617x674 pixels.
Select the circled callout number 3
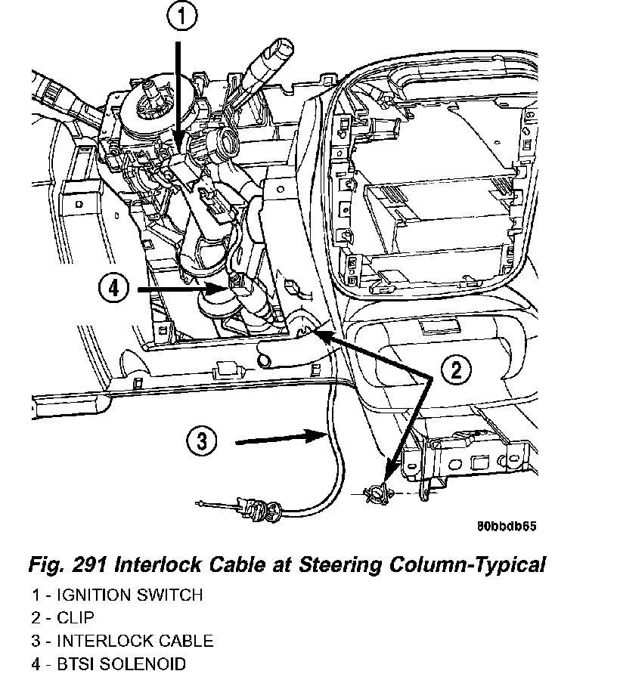(x=200, y=441)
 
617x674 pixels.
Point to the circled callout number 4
(x=113, y=287)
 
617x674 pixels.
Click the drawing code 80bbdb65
(x=506, y=526)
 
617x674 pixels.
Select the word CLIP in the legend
(x=76, y=618)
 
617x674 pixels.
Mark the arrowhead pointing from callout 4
(x=219, y=287)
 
